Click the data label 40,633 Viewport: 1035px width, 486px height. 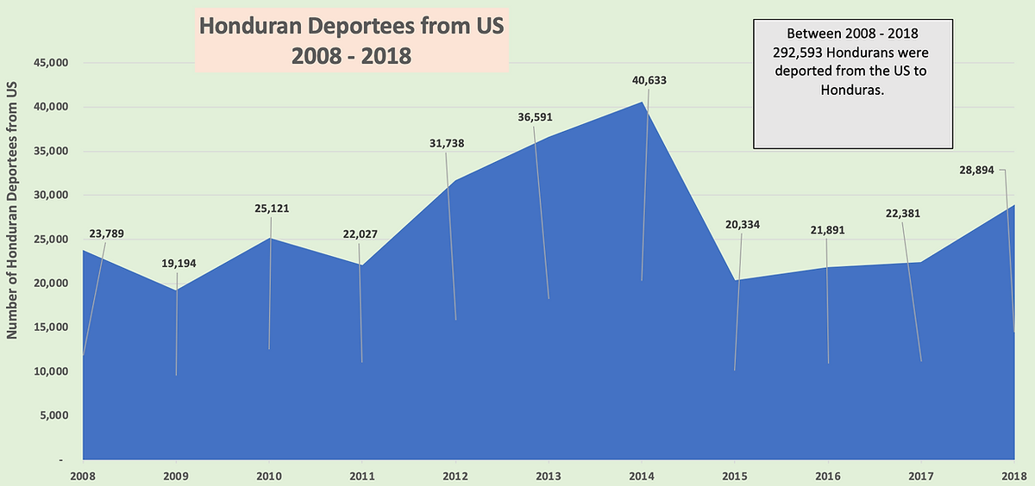649,80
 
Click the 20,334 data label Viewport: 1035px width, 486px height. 743,225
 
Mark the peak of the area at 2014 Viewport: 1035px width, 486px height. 643,102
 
